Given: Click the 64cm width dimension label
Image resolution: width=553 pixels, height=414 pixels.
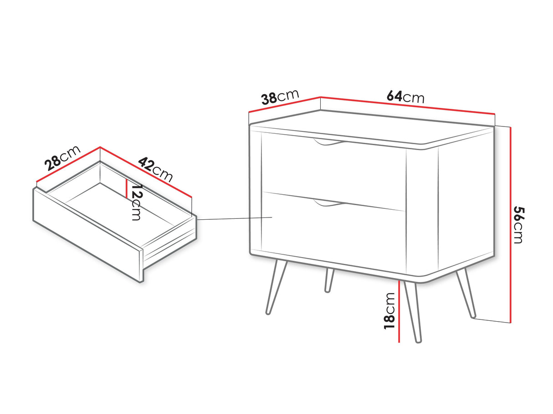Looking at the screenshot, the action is click(405, 97).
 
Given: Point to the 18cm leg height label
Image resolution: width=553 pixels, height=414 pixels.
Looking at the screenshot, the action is click(389, 311).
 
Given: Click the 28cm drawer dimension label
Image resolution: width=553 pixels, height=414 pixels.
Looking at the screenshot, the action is click(62, 158).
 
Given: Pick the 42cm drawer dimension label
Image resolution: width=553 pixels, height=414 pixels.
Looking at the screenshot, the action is click(155, 169).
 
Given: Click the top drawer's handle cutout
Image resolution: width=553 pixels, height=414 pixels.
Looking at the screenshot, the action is click(328, 141).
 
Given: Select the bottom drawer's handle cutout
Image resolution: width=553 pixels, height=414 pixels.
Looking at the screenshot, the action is click(328, 203).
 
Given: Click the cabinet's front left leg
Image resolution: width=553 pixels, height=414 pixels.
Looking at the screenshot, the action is click(276, 287).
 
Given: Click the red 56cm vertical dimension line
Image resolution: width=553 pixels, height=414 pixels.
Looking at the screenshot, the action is click(511, 225).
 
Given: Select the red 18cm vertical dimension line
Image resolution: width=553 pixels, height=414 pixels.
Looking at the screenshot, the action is click(399, 311).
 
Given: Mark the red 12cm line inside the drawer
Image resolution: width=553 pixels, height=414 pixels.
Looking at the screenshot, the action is click(126, 189).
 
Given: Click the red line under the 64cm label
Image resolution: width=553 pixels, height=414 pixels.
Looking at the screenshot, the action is click(407, 105).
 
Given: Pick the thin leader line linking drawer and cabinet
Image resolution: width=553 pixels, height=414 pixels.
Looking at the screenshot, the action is click(235, 218).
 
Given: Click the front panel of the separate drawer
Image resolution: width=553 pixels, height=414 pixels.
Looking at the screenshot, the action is click(88, 236).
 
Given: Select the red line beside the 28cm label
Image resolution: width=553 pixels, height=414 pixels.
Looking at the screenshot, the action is click(68, 164).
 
